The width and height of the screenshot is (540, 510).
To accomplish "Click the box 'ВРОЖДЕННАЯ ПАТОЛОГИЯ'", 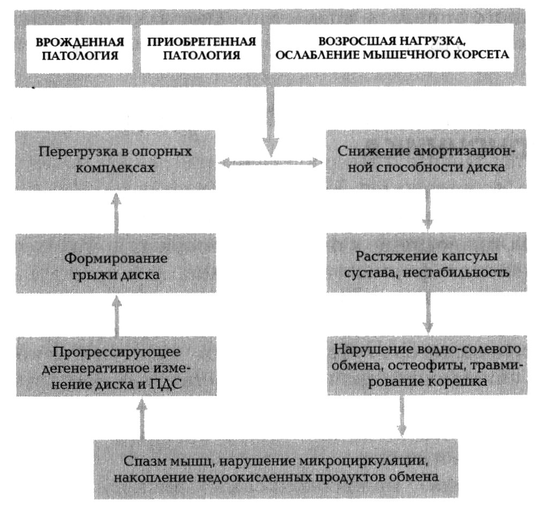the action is [x=79, y=49].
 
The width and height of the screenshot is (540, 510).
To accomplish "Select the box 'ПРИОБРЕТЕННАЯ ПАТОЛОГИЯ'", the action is [x=201, y=49].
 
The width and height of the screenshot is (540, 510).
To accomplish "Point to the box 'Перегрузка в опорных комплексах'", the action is [x=115, y=160].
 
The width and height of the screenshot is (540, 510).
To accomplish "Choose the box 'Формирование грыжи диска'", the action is [x=116, y=263].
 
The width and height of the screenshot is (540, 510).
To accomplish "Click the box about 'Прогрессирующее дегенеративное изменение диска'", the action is [x=116, y=366].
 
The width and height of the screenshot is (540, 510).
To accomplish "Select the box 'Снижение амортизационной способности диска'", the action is [x=426, y=159].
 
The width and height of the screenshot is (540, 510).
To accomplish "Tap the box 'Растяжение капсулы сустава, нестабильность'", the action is [x=426, y=262].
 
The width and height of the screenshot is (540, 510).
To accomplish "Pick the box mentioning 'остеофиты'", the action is [x=427, y=365].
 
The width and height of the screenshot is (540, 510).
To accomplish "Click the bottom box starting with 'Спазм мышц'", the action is [x=276, y=469].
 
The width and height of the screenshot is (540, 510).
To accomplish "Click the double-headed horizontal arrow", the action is [x=271, y=162].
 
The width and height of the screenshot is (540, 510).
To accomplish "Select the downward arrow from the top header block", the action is [x=271, y=121].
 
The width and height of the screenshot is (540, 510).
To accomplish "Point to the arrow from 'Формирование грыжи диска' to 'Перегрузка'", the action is [x=116, y=213].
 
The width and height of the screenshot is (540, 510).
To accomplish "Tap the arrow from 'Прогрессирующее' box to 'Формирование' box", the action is [x=117, y=316].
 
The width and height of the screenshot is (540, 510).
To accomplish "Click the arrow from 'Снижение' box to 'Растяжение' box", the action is [x=427, y=210].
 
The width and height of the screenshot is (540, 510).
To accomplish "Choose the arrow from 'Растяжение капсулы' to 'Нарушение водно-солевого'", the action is [x=428, y=313].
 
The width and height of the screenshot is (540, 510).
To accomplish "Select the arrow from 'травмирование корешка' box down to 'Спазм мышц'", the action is [x=401, y=416].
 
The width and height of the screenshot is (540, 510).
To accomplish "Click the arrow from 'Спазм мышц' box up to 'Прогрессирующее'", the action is [x=141, y=418].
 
